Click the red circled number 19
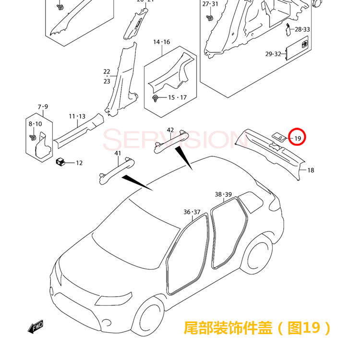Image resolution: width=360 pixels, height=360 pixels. pos(298,138)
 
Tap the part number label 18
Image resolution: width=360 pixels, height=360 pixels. pos(311,170)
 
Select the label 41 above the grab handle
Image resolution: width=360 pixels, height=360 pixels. pos(118,153)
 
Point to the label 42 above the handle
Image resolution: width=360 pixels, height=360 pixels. pos(170,130)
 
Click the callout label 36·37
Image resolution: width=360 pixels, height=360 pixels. pos(192,212)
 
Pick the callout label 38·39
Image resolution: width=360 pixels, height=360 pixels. pos(223,194)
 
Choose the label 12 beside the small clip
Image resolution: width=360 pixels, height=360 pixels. pos(79,163)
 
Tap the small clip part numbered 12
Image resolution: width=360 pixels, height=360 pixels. pos(60,161)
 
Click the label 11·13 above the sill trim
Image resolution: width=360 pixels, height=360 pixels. pos(77,116)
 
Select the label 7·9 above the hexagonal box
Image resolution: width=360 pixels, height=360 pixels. pos(43,106)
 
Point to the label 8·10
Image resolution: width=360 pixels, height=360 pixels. pos(36,124)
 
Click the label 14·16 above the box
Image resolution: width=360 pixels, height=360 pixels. pos(162,42)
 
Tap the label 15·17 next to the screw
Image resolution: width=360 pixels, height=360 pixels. pos(177,97)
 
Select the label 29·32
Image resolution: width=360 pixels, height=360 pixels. pos(273,54)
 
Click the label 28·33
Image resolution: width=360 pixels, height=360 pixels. pos(302,29)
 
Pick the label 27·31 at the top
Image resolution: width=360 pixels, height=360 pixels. pos(210,4)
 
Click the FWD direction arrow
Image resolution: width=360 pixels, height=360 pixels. pos(36,327)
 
